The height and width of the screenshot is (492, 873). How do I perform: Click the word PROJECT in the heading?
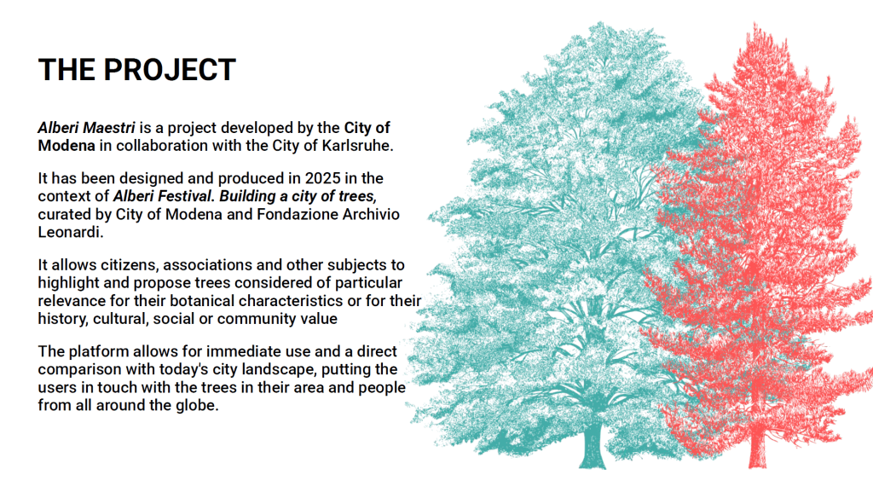coord(170,70)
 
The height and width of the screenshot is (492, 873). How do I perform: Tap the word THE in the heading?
coord(66,70)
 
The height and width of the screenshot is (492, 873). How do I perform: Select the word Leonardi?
coord(71,232)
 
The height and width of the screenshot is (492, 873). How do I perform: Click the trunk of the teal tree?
coord(592,447)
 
